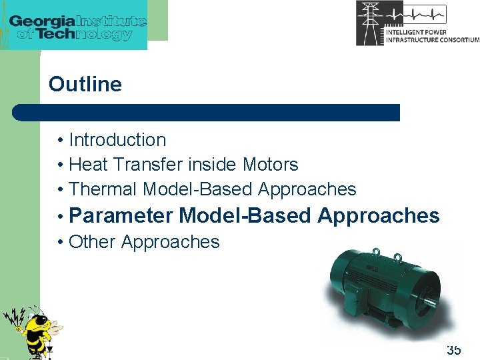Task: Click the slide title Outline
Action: click(85, 85)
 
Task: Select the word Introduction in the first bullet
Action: click(117, 140)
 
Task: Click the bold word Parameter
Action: click(123, 216)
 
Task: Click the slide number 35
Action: click(453, 350)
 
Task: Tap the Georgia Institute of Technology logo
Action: click(77, 25)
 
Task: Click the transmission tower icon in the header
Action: click(370, 23)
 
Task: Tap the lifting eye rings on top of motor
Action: click(387, 255)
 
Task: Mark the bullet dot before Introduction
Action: click(60, 141)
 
